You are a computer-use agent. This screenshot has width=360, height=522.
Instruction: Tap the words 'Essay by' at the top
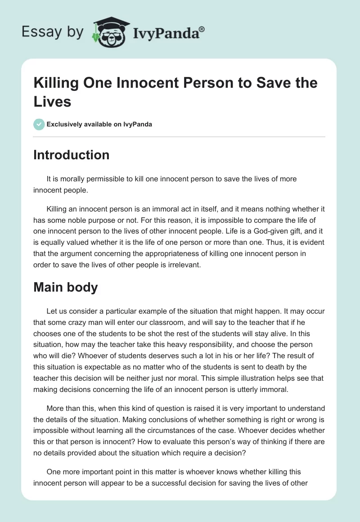(x=52, y=32)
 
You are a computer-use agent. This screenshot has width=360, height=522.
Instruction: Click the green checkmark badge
(x=40, y=124)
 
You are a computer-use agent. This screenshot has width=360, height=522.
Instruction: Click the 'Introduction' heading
(x=71, y=155)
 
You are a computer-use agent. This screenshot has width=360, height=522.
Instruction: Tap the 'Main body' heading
(x=65, y=287)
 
